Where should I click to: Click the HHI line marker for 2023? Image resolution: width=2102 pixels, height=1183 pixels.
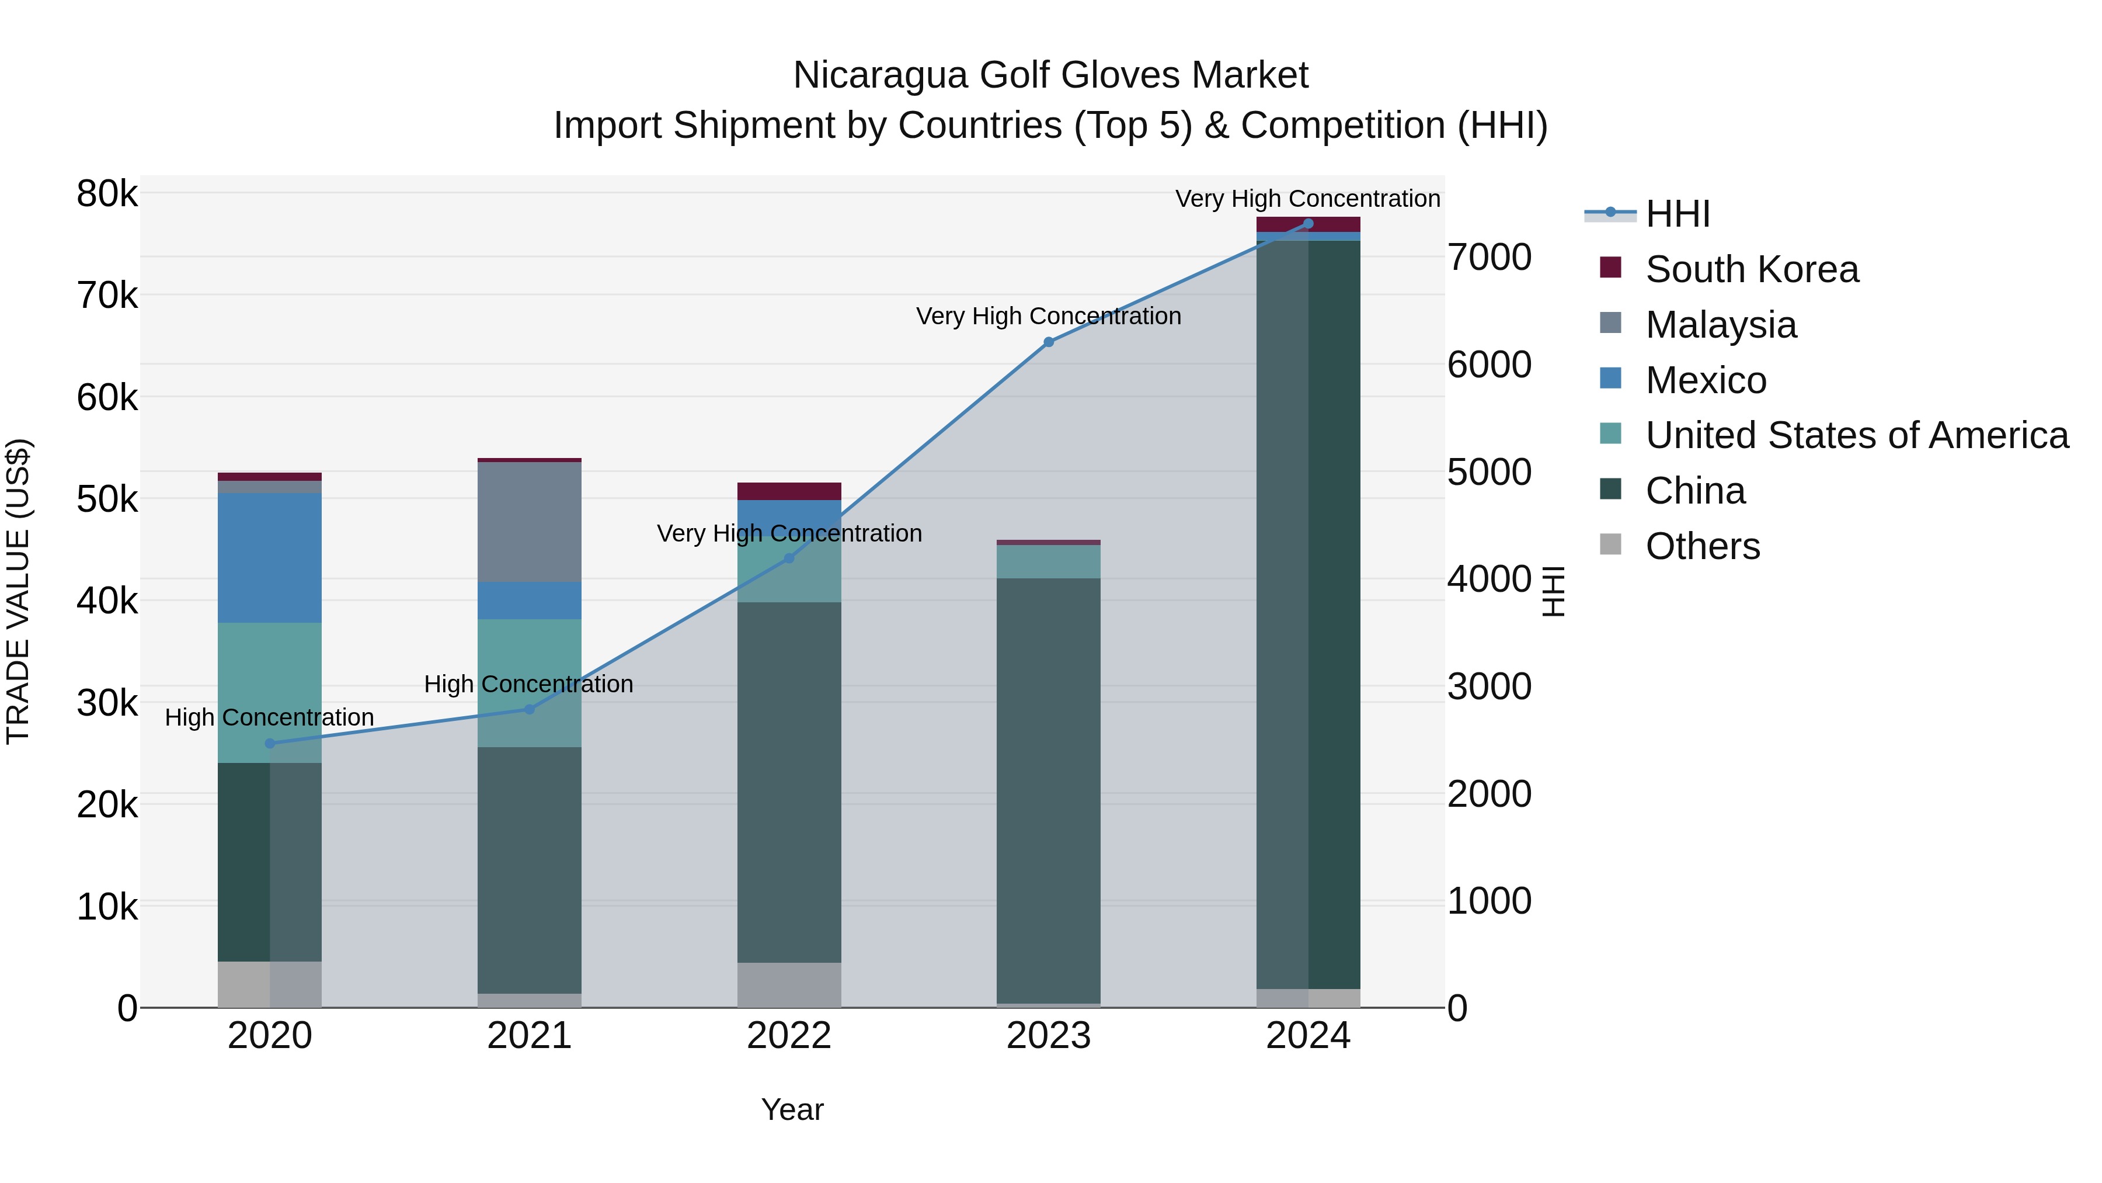[1049, 342]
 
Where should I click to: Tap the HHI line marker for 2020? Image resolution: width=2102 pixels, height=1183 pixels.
[270, 744]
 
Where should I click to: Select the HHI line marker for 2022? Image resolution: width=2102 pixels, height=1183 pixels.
[789, 558]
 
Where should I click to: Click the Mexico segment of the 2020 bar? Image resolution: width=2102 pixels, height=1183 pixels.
[270, 558]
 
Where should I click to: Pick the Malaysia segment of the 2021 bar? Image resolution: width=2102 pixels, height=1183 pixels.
[530, 522]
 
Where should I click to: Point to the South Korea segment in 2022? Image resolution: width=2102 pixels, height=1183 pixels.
[789, 491]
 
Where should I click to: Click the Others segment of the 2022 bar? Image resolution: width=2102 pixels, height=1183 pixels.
[789, 984]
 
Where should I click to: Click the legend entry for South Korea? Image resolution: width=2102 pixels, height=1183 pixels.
[1752, 269]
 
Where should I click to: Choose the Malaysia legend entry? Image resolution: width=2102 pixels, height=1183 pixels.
[1721, 325]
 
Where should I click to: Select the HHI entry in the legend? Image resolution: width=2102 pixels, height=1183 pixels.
[1678, 214]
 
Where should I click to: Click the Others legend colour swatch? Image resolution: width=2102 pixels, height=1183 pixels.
[1611, 544]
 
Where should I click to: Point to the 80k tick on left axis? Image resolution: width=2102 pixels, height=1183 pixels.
[107, 195]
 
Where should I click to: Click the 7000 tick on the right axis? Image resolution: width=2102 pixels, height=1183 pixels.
[1489, 257]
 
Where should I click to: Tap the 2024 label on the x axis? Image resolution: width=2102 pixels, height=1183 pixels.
[1308, 1036]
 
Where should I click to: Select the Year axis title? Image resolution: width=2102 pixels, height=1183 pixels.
[792, 1109]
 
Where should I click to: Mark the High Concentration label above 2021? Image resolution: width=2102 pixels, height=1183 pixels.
[529, 684]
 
